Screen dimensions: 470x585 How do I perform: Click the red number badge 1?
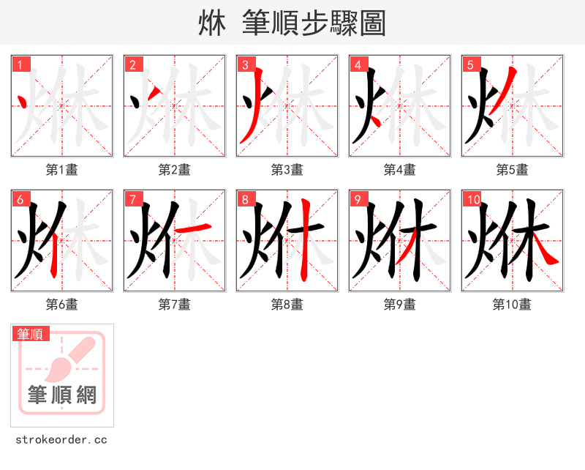point(21,65)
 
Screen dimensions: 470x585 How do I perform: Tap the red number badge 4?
point(358,65)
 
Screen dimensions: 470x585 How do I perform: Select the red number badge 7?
point(133,200)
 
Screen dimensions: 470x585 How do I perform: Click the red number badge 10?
point(472,200)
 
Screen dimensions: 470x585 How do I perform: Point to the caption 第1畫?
point(62,170)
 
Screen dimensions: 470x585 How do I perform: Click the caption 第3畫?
point(287,170)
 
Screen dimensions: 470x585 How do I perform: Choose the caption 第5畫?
point(513,170)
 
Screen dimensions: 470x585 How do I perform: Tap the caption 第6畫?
point(62,305)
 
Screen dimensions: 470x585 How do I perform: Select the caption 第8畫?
point(287,305)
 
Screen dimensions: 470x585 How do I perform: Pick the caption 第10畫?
point(513,305)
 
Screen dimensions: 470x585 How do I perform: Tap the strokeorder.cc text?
point(61,440)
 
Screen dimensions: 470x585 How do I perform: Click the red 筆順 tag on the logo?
point(31,334)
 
